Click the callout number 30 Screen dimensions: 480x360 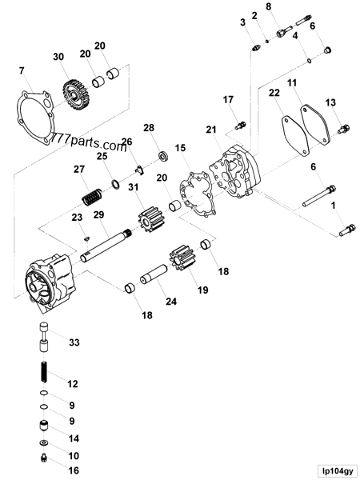tap(57, 57)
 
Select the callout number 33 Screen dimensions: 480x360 tap(74, 342)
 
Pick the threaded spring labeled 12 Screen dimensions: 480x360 tap(45, 374)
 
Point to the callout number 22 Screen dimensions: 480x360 tap(274, 94)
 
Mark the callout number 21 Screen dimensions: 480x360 tap(211, 130)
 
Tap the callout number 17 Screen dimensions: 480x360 tap(229, 99)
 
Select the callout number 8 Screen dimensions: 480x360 tap(269, 7)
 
